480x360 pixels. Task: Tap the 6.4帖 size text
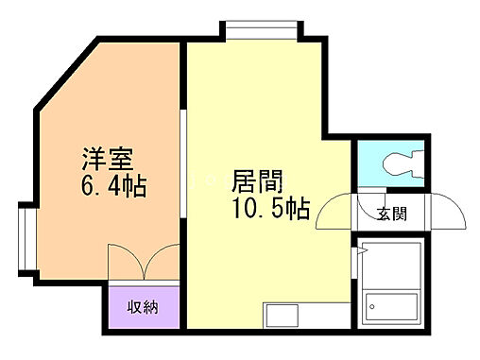click(113, 186)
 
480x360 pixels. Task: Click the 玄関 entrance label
click(394, 214)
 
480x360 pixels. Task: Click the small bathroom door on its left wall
click(359, 255)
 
